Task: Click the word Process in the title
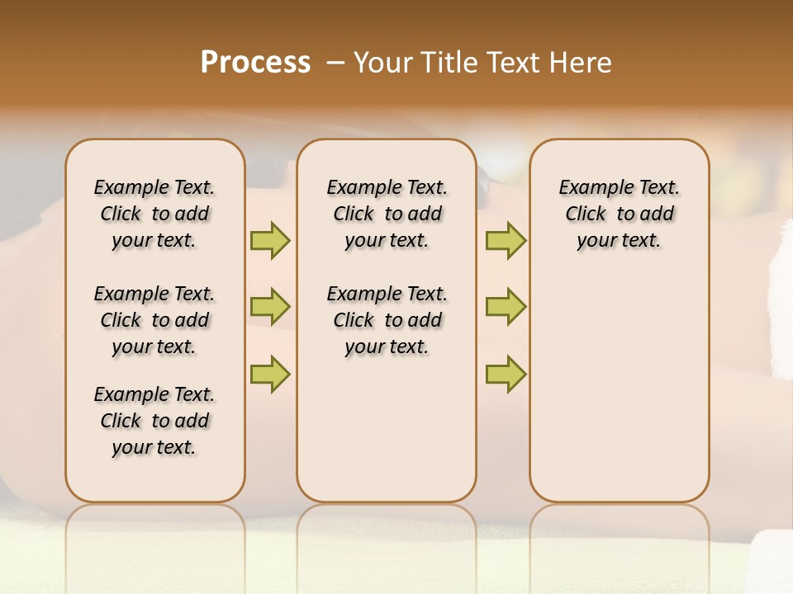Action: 255,63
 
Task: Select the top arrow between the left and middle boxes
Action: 270,240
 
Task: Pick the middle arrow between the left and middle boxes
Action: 270,307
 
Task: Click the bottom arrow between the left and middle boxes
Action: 270,374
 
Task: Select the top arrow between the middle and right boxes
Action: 506,240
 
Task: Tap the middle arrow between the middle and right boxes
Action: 506,307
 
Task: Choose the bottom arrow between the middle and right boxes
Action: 506,374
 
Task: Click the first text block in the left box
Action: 154,214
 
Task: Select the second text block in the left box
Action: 154,320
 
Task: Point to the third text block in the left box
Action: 154,421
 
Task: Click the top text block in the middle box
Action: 387,214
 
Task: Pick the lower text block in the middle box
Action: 387,320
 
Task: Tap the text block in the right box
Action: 619,214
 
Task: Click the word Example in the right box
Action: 592,188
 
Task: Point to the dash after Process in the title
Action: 335,63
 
